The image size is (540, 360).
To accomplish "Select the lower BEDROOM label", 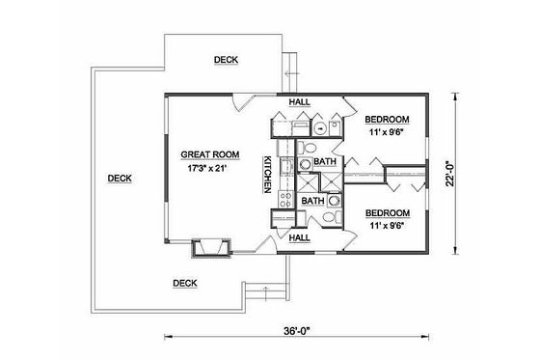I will pyautogui.click(x=389, y=212).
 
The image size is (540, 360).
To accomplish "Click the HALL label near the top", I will pyautogui.click(x=299, y=100).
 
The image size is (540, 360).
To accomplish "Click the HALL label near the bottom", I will pyautogui.click(x=299, y=236).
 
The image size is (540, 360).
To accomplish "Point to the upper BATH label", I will pyautogui.click(x=325, y=162).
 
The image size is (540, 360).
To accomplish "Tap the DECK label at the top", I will pyautogui.click(x=226, y=60).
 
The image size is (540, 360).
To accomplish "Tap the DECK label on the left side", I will pyautogui.click(x=120, y=178).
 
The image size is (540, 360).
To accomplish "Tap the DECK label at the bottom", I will pyautogui.click(x=184, y=283).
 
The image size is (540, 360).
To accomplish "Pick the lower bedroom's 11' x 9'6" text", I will pyautogui.click(x=389, y=226).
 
